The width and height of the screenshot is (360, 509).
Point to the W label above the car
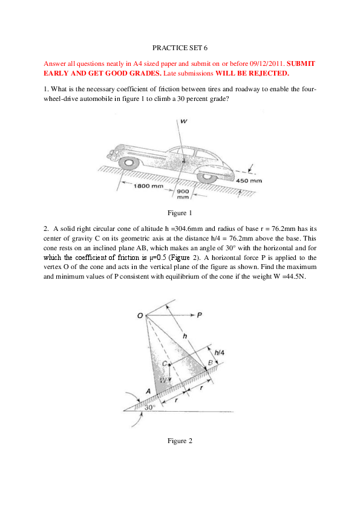[183, 122]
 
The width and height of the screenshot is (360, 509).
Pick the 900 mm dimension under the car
[183, 193]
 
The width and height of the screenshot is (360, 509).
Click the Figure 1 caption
[180, 213]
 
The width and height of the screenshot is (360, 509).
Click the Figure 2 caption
[180, 441]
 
